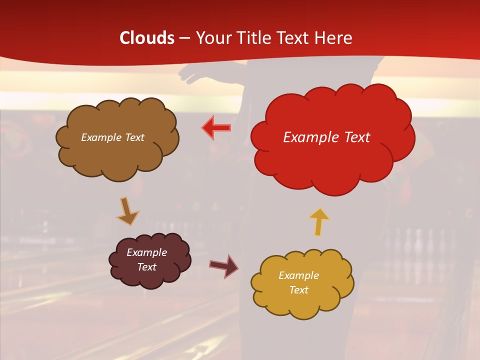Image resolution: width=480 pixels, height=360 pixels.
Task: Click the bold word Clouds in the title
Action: pos(147,38)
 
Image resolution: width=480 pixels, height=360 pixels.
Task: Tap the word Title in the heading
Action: pos(254,38)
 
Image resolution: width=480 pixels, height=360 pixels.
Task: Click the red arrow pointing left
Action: pos(216,128)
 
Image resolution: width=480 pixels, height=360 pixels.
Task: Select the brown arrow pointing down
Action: pos(127,211)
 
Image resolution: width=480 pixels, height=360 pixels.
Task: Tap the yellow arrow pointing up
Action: pos(319,221)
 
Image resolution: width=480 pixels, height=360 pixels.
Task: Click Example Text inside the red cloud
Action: pos(326,137)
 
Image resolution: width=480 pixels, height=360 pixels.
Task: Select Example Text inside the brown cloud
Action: pos(112,137)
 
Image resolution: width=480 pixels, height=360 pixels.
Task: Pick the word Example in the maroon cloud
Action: pos(146,252)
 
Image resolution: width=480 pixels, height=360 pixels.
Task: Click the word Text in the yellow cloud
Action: pos(298,290)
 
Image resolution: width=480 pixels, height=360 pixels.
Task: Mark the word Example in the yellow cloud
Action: pos(298,275)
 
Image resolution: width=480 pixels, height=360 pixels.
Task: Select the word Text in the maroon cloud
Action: pos(146,267)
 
